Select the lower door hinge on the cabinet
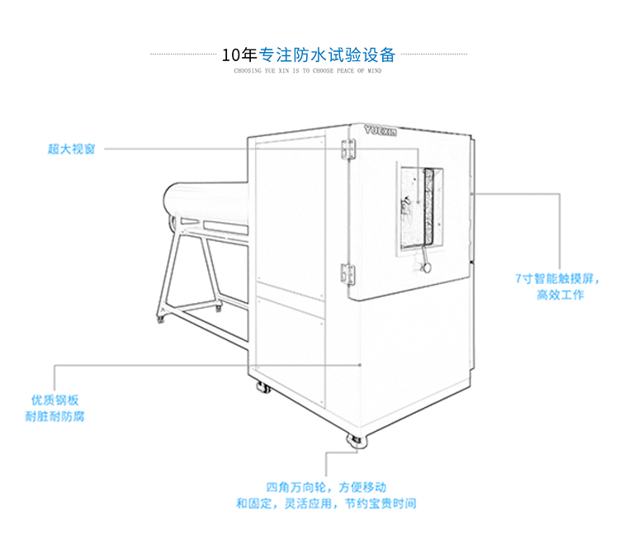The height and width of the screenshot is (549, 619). point(348,272)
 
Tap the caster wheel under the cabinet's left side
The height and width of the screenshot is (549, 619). point(261,387)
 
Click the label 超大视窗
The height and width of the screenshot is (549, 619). point(71,149)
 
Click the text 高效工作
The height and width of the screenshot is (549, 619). point(560,295)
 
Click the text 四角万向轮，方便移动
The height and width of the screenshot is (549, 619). point(326,487)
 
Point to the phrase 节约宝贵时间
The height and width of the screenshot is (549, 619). point(380,503)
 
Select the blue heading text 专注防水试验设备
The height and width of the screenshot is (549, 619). point(328,56)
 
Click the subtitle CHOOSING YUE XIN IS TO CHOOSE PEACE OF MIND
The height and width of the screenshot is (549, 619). point(308,72)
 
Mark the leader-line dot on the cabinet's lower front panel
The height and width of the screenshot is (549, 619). point(361,363)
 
